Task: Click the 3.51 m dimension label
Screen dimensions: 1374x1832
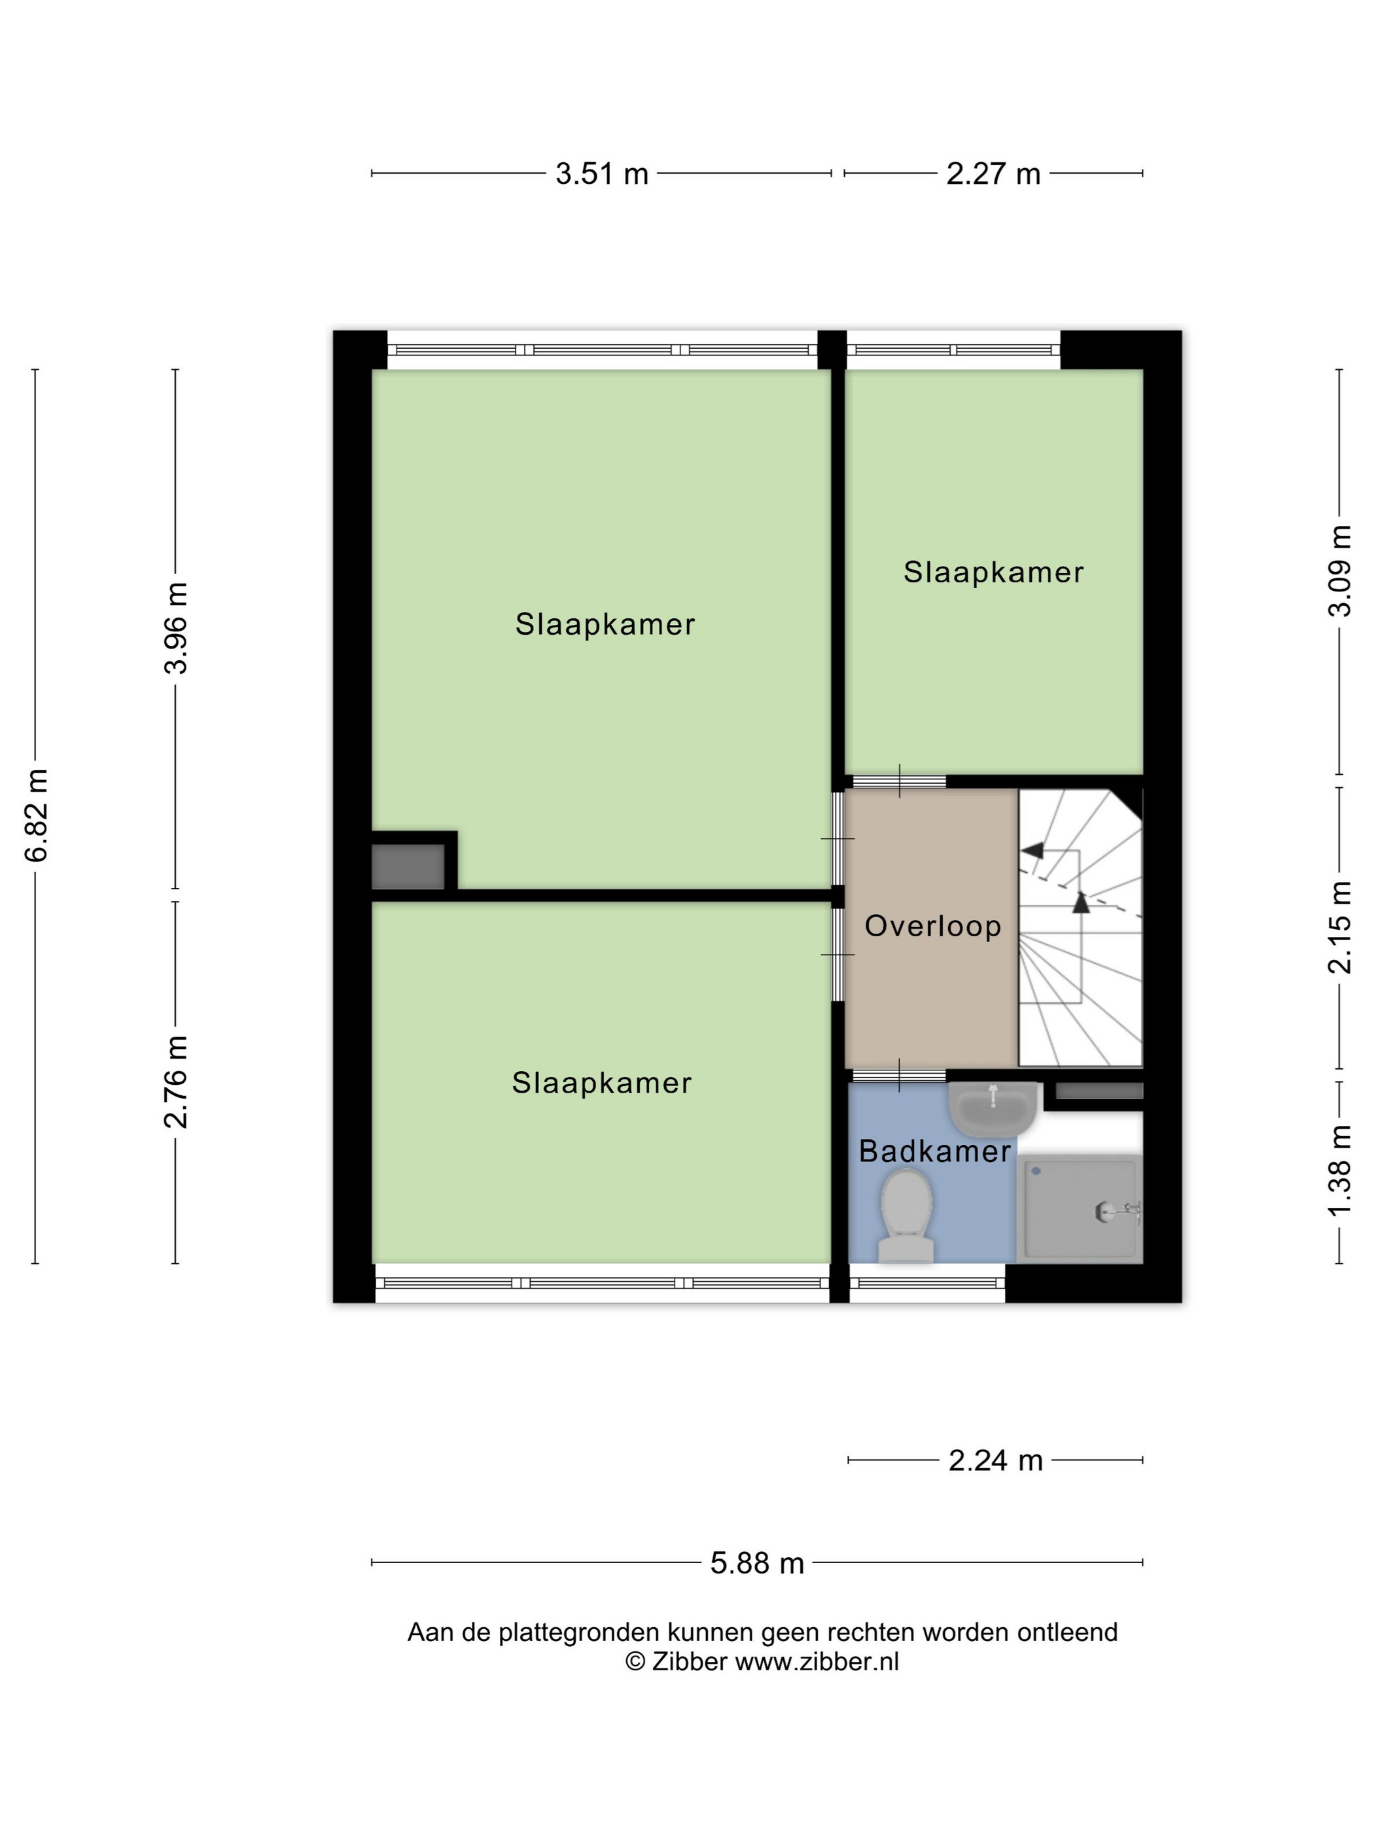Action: click(x=601, y=173)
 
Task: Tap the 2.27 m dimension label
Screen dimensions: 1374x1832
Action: click(x=993, y=173)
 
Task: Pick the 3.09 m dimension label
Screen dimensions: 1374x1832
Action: click(x=1339, y=571)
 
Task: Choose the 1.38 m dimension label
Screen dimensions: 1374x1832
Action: click(x=1339, y=1171)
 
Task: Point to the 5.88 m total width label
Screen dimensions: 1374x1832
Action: click(x=757, y=1563)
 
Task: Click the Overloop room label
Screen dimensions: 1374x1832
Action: click(x=932, y=926)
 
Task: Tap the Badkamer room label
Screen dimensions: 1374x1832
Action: click(x=935, y=1151)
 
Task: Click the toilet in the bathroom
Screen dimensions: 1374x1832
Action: click(x=906, y=1216)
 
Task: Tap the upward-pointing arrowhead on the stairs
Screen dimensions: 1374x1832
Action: click(x=1081, y=902)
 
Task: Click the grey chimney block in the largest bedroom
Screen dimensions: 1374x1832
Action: click(x=408, y=866)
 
